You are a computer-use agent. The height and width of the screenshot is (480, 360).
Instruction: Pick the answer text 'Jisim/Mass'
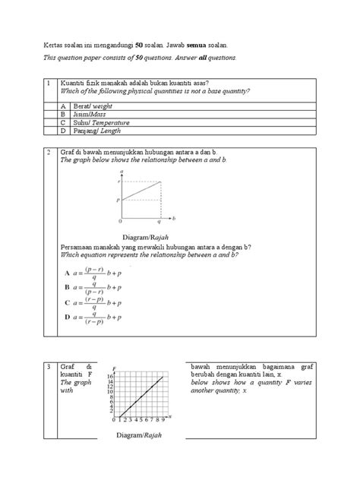(90, 115)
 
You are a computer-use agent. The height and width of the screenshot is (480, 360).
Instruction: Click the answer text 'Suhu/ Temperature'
(101, 122)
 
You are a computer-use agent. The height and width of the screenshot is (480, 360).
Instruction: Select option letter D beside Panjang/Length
(63, 131)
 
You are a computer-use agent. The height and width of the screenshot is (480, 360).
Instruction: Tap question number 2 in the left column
(48, 153)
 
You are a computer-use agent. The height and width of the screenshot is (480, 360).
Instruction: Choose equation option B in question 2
(68, 288)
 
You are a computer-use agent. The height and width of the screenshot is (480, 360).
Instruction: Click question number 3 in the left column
(48, 368)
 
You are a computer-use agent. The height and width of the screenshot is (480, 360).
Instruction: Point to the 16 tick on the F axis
(109, 376)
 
